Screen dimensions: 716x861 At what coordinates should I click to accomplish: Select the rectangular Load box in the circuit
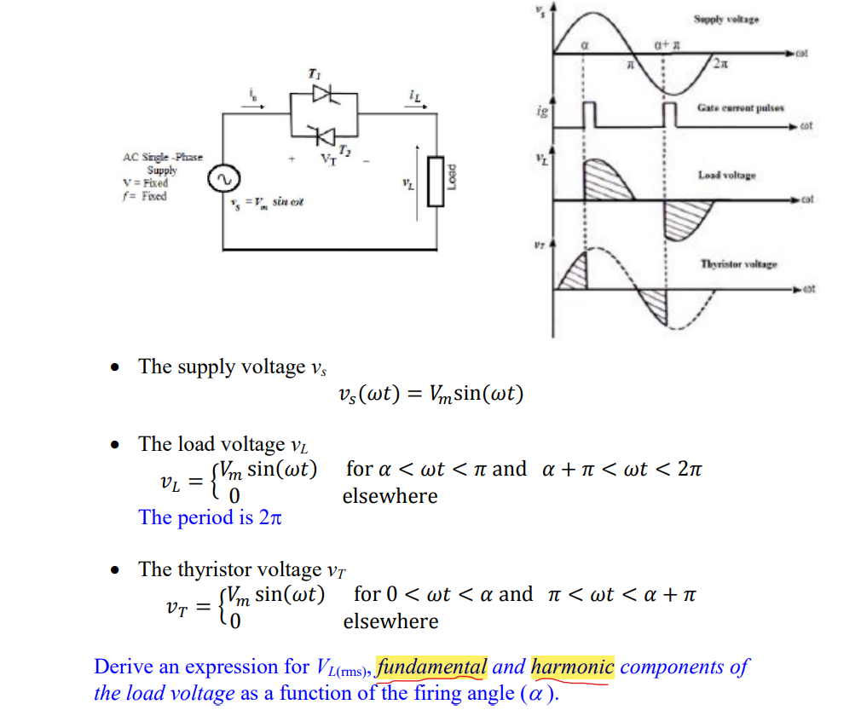coord(436,182)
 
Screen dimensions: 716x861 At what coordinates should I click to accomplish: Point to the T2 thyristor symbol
coord(322,134)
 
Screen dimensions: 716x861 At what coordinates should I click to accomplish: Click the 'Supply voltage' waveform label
coord(726,20)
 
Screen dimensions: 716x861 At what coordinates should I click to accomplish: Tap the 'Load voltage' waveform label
coord(726,175)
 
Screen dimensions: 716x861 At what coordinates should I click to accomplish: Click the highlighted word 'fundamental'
coord(431,667)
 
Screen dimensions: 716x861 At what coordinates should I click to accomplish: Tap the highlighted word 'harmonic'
coord(572,667)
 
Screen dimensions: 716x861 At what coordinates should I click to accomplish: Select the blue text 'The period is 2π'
coord(210,517)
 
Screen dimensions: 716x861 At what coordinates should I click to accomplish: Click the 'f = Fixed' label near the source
coord(144,196)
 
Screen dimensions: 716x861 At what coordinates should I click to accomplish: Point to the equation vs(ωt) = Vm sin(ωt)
coord(430,394)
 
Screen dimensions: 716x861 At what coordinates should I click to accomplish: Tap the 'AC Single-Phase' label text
coord(162,158)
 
